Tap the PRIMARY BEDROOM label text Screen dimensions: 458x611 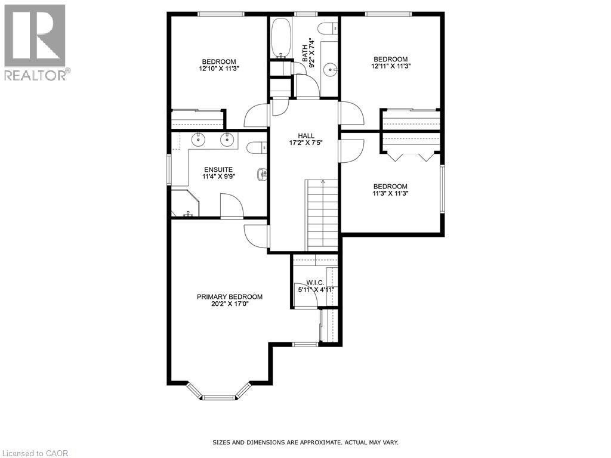point(230,297)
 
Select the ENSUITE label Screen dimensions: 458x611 point(218,169)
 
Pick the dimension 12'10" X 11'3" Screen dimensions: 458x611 point(218,69)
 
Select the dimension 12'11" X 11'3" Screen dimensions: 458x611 point(390,66)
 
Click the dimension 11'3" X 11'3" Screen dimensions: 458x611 point(390,193)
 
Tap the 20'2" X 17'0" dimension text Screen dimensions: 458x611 point(230,304)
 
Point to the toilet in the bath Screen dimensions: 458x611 point(328,28)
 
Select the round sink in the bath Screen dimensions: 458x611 point(330,70)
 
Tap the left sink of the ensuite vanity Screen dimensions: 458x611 point(198,140)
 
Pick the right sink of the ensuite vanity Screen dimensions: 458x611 point(227,140)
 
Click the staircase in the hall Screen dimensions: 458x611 point(322,215)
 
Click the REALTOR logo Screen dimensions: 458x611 point(36,42)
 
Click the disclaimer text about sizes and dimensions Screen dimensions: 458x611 point(305,442)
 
